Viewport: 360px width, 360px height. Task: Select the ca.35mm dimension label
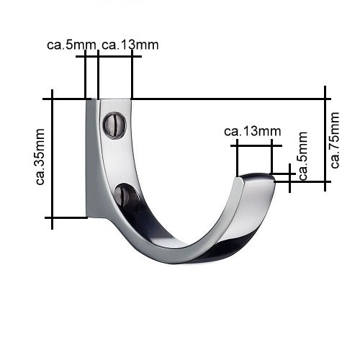click(x=40, y=157)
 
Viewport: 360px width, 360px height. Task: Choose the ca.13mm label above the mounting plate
click(x=130, y=45)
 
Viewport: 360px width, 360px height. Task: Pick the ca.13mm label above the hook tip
click(x=252, y=131)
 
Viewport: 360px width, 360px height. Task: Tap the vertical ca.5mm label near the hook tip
click(x=303, y=156)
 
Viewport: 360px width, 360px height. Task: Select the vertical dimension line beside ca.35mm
click(x=55, y=157)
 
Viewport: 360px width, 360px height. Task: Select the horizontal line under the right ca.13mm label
click(x=252, y=145)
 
